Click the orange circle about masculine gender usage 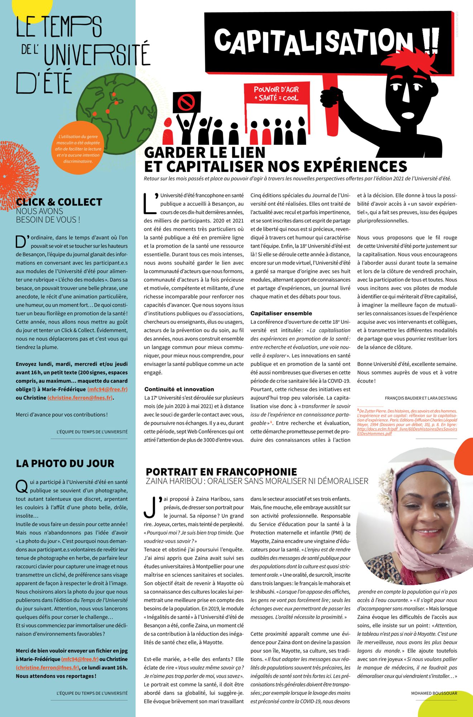click(78, 149)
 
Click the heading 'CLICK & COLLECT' click(59, 202)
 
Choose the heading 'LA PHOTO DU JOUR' click(65, 464)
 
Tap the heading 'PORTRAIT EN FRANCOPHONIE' click(221, 472)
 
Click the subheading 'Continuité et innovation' click(179, 389)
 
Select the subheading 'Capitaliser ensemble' click(281, 313)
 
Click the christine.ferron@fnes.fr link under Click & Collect click(80, 398)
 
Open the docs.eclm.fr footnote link click(407, 431)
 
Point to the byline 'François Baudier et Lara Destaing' click(421, 398)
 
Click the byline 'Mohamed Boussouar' click(434, 693)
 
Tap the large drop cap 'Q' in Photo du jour click(22, 486)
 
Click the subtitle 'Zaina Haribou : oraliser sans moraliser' click(257, 481)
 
